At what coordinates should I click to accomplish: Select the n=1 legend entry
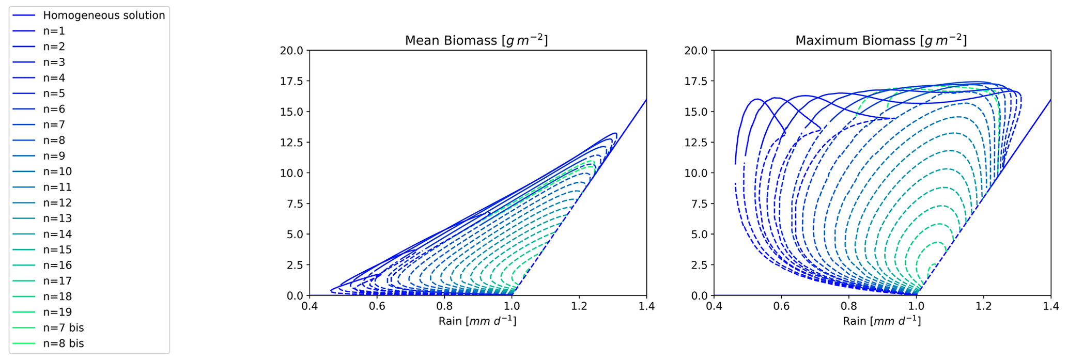click(x=54, y=31)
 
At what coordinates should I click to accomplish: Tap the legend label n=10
click(x=57, y=171)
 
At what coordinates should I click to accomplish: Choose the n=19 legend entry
click(x=57, y=312)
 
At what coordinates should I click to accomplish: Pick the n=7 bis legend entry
click(x=63, y=328)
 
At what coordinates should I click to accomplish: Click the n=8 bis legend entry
click(x=63, y=343)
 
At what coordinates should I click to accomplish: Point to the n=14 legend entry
click(x=57, y=234)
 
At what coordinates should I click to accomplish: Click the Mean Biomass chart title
click(x=476, y=40)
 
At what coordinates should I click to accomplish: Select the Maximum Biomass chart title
click(x=880, y=40)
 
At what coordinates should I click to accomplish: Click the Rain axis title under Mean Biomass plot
click(x=477, y=321)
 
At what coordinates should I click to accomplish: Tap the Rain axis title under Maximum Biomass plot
click(x=881, y=321)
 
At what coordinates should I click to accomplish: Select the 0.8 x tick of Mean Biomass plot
click(x=444, y=307)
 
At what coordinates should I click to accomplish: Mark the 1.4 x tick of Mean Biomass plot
click(x=646, y=307)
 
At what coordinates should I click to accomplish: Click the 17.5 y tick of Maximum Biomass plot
click(x=696, y=81)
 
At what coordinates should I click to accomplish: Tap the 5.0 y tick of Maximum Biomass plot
click(x=699, y=234)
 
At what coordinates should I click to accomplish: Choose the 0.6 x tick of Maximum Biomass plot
click(x=781, y=307)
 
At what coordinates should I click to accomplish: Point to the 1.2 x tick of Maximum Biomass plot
click(x=983, y=307)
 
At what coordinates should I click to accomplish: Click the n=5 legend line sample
click(x=24, y=93)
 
